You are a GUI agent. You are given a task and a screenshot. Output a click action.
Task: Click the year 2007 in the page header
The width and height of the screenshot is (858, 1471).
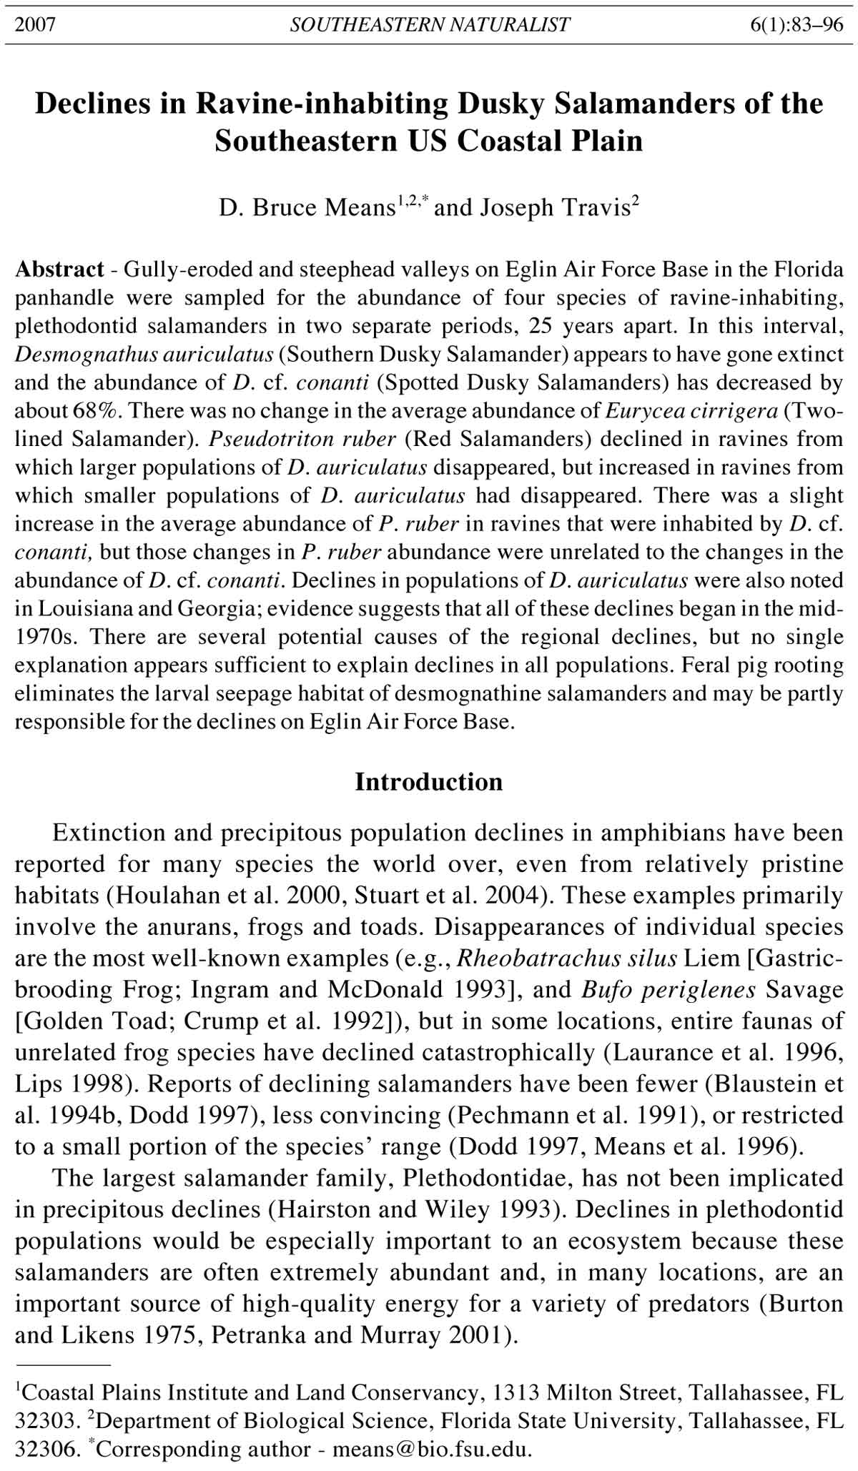(x=35, y=25)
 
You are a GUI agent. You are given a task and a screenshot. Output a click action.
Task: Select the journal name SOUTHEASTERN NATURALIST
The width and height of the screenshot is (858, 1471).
(x=430, y=25)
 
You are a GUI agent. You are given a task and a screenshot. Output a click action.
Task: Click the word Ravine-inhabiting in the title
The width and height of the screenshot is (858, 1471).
(x=322, y=104)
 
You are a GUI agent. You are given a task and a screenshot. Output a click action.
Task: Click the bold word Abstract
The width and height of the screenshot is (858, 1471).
(x=59, y=269)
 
